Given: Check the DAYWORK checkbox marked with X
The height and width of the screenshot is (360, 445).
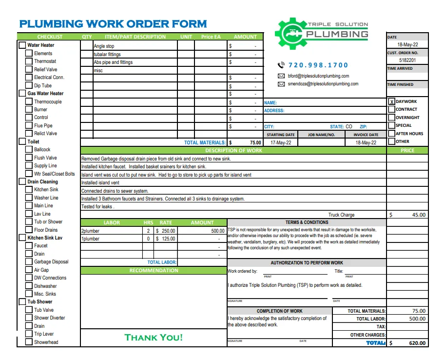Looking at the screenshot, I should [x=392, y=102].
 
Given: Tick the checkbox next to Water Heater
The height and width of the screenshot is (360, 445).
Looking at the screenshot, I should [x=22, y=45].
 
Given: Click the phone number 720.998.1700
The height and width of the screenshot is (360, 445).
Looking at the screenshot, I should [x=318, y=65].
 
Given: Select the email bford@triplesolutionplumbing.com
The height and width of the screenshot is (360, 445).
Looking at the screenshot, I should [x=318, y=76].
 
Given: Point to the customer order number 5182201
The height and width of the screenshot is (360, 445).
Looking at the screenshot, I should [x=407, y=60].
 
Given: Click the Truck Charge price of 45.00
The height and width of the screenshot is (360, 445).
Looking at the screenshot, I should [x=418, y=215].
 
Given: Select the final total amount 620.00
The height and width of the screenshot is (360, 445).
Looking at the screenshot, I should [x=417, y=343].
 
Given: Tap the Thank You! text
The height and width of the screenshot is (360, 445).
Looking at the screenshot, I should [x=154, y=338].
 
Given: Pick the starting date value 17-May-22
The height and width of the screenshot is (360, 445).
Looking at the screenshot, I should [x=280, y=143].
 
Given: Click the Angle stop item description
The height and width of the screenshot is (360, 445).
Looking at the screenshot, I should [x=104, y=46].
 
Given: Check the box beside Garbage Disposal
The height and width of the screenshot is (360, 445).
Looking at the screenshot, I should [x=29, y=262].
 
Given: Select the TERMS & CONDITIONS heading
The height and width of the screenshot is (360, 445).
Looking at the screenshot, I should [x=307, y=222].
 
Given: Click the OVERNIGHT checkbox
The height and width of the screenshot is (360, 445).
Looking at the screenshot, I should [x=392, y=118].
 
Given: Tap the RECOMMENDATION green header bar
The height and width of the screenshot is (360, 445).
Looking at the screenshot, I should [x=154, y=270].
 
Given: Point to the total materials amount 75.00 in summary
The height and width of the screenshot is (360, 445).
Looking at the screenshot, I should [x=418, y=311].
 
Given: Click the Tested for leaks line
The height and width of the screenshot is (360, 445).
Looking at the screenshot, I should [x=98, y=207].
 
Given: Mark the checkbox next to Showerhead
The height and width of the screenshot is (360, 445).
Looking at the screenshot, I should [x=29, y=342].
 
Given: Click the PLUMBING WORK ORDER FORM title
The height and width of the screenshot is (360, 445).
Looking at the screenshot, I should [x=113, y=24].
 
